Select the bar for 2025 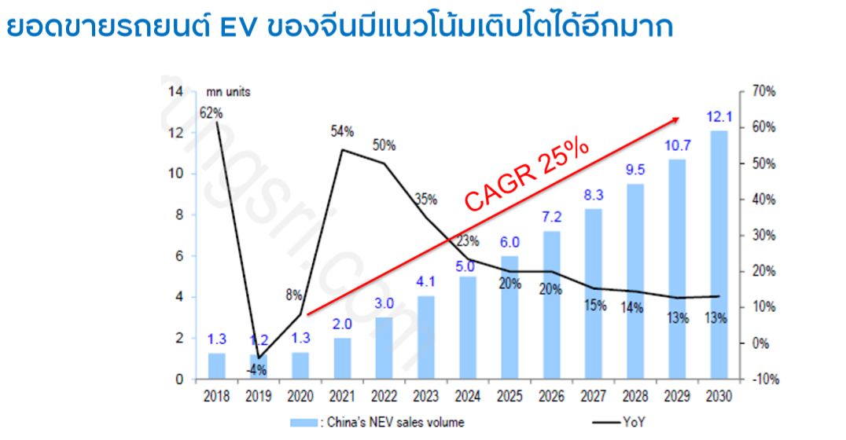tap(509, 317)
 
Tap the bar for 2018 tap(216, 366)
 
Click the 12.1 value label tap(719, 117)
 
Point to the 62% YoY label tap(211, 113)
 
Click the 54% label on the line tap(342, 130)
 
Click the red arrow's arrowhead tap(675, 119)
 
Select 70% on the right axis tap(763, 92)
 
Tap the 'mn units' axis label tap(229, 92)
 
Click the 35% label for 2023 tap(425, 199)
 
